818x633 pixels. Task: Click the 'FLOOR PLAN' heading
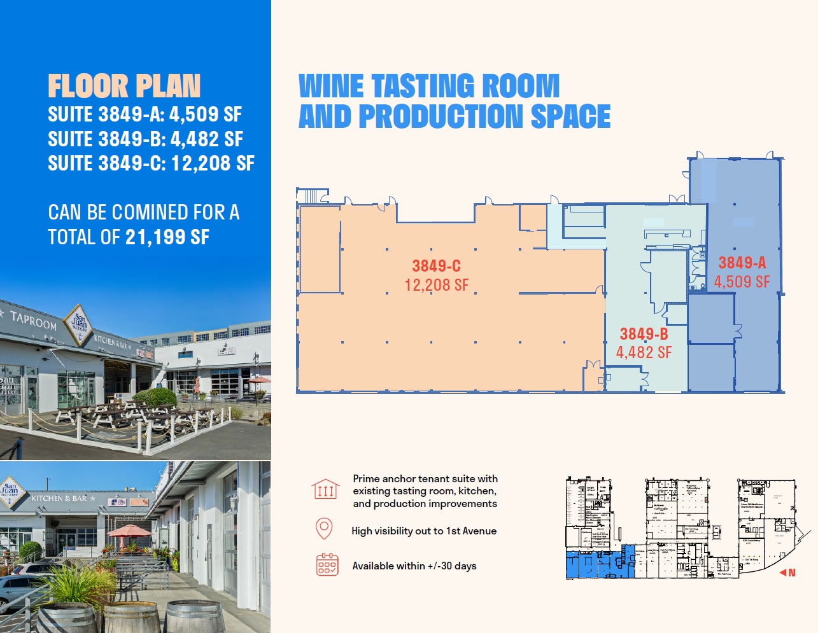124,87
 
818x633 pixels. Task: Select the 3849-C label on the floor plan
436,266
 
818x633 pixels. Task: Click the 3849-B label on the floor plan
644,334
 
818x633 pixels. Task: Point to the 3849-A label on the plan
742,263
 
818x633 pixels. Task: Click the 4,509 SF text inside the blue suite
742,282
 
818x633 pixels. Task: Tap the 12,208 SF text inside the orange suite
436,285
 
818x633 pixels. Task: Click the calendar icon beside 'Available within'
327,564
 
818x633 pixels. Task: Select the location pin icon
324,529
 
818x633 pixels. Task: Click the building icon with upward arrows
325,489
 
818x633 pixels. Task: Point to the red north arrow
787,573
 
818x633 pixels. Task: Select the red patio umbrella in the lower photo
130,531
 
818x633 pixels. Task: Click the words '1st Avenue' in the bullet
471,531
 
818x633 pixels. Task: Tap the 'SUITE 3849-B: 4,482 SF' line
145,139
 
